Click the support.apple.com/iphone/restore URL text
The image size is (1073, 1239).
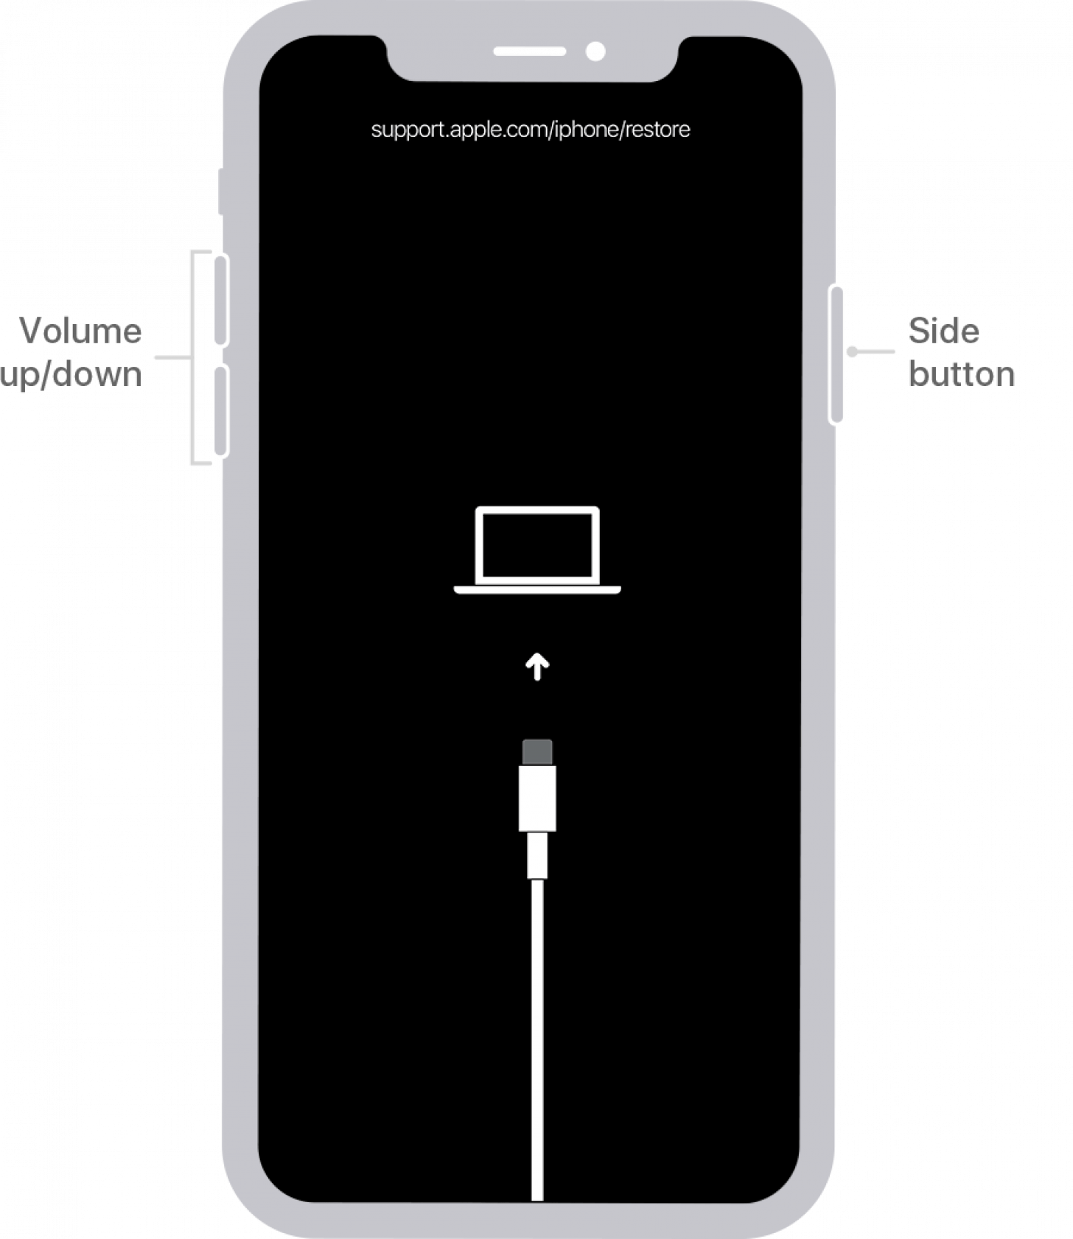[x=531, y=130]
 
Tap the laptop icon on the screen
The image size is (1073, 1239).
[x=537, y=550]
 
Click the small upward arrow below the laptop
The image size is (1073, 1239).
[x=537, y=667]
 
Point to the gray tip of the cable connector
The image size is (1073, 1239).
[x=537, y=752]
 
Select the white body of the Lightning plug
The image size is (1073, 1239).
[x=537, y=798]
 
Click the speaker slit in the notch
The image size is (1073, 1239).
[x=529, y=52]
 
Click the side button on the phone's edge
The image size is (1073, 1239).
[x=836, y=354]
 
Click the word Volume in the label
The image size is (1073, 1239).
[x=81, y=331]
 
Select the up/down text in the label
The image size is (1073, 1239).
[x=72, y=374]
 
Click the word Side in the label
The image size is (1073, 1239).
[x=943, y=331]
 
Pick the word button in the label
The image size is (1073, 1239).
[x=962, y=374]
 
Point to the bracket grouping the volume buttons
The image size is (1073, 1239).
[x=193, y=358]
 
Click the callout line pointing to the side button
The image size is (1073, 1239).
[x=873, y=352]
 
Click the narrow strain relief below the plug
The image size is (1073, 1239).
[x=537, y=855]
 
